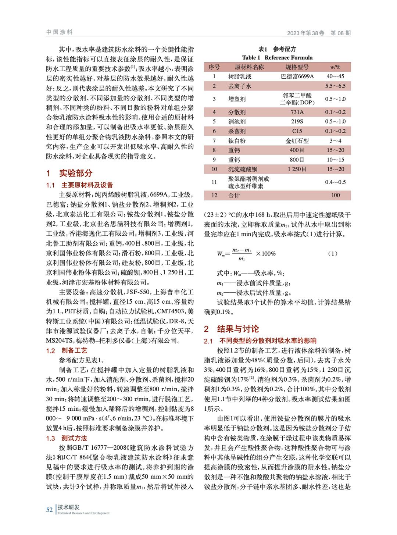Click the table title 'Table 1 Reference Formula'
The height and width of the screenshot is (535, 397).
click(277, 57)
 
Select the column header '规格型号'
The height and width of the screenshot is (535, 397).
click(297, 67)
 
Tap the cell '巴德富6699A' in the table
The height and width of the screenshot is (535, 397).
click(297, 76)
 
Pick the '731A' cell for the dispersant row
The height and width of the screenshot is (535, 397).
click(297, 112)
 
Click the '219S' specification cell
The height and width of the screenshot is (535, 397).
click(297, 122)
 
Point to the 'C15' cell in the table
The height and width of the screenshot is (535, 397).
click(297, 131)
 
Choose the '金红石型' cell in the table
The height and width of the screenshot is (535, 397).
click(297, 141)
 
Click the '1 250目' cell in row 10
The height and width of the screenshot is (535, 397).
click(297, 169)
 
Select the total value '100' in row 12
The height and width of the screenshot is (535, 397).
click(335, 195)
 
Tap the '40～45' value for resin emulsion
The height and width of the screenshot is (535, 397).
click(335, 76)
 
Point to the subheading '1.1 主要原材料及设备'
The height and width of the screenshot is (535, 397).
click(79, 185)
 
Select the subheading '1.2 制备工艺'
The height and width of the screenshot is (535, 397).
click(67, 350)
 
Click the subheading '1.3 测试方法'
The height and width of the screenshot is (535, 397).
click(67, 438)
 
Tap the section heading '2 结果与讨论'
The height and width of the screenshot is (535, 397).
click(231, 329)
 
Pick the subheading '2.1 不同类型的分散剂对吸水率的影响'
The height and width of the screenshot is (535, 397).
click(260, 341)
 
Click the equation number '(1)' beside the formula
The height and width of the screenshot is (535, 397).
click(332, 254)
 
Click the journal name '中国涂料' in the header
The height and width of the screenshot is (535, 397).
click(60, 32)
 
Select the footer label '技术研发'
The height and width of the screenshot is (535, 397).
click(68, 507)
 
